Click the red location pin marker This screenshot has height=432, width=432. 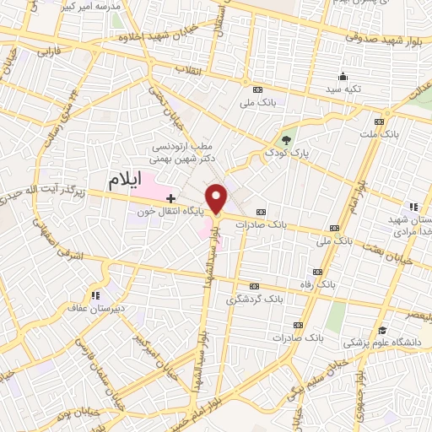tap(217, 197)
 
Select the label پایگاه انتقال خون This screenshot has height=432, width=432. tap(166, 211)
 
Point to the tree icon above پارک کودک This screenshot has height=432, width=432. tap(287, 141)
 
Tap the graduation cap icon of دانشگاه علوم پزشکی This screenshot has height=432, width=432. tap(382, 330)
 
